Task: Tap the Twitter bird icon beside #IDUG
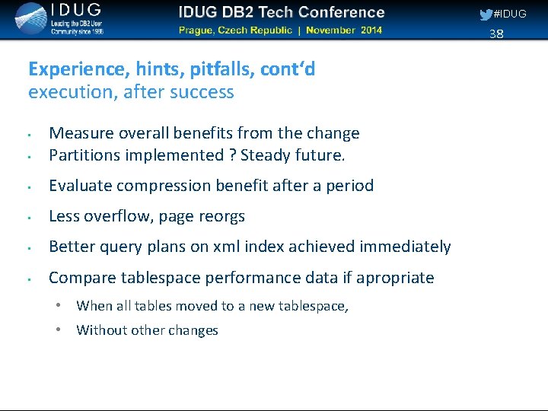pos(485,14)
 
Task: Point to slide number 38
pos(496,33)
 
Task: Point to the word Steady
pos(266,155)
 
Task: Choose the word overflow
pos(115,216)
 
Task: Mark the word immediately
pos(406,247)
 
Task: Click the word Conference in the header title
pos(339,12)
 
